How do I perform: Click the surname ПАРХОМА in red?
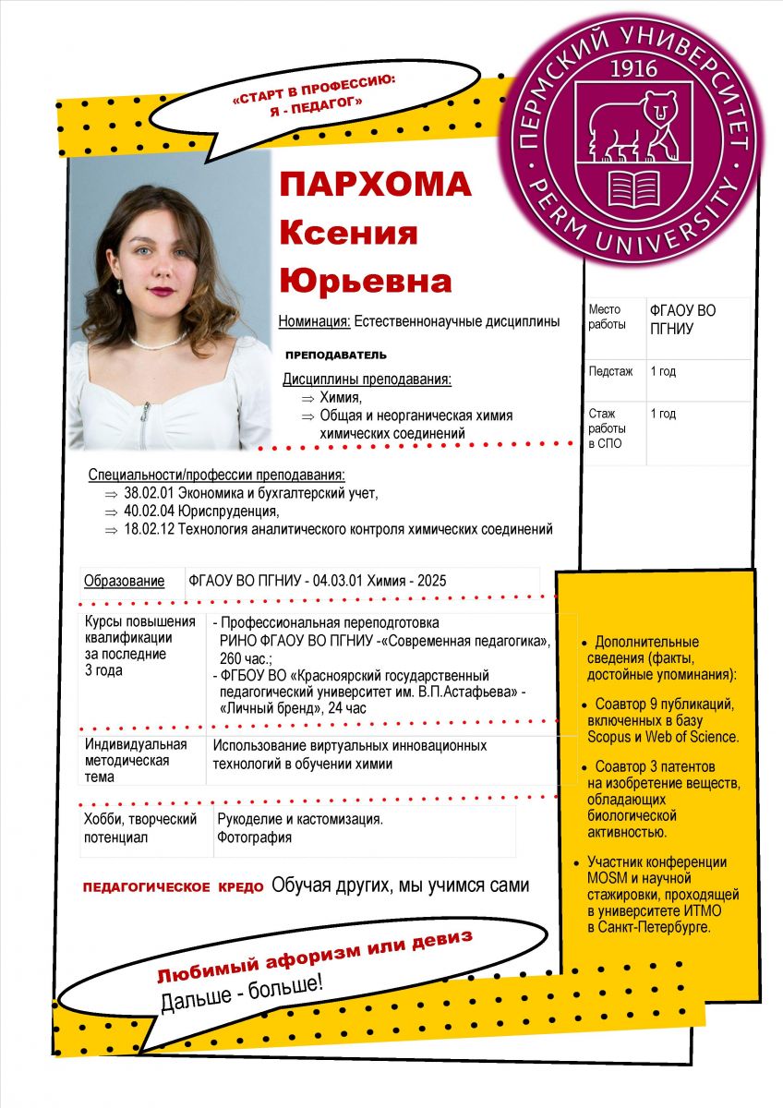coord(376,185)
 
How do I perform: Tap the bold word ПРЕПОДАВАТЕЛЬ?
coord(336,355)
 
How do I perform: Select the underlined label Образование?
coord(125,581)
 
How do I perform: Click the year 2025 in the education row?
coord(431,581)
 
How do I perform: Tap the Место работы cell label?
coord(606,317)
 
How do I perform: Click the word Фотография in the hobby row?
coord(254,837)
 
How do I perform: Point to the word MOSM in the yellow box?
coord(607,877)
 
